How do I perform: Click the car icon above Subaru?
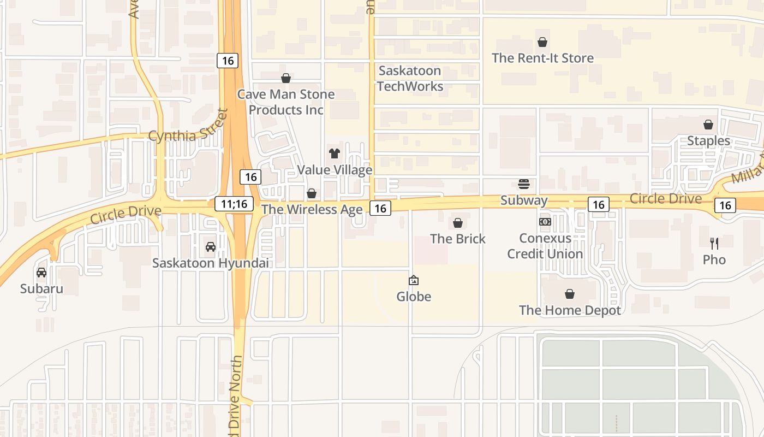click(x=41, y=273)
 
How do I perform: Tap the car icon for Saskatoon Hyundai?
click(x=211, y=247)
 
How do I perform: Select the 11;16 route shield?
click(x=235, y=204)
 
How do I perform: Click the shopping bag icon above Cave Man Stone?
click(x=285, y=79)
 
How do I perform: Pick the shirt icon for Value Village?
click(x=335, y=153)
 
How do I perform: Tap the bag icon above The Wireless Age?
click(x=312, y=193)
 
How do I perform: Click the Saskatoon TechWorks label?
click(x=410, y=79)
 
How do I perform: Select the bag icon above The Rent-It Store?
click(x=542, y=42)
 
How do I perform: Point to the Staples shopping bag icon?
click(x=708, y=125)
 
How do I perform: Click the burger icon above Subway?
click(x=524, y=184)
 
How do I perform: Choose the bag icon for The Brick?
click(x=458, y=223)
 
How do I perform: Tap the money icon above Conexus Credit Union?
click(x=545, y=222)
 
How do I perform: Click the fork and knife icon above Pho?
click(x=714, y=244)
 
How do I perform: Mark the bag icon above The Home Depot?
click(x=570, y=294)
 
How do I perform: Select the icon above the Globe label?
click(x=414, y=281)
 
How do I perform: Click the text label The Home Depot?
click(x=570, y=310)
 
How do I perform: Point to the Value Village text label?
click(x=335, y=170)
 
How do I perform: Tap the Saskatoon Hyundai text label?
click(x=211, y=263)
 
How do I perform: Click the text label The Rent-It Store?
click(x=542, y=58)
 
